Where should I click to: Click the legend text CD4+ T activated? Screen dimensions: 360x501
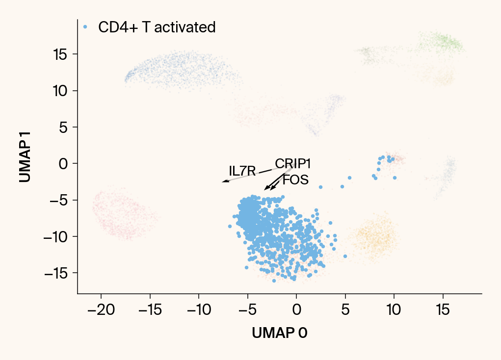157,27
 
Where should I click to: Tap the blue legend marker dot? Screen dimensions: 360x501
85,26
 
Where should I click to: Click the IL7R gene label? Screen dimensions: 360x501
242,171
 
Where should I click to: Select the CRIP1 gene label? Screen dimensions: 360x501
293,163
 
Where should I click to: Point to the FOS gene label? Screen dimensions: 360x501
296,180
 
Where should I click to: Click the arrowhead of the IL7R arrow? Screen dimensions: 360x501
224,181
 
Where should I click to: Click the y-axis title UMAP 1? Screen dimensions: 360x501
26,156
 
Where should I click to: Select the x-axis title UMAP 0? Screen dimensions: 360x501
280,333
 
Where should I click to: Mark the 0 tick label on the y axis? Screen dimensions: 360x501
63,163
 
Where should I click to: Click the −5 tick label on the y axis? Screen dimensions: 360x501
57,200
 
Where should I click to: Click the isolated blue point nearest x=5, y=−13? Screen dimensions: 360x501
345,256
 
